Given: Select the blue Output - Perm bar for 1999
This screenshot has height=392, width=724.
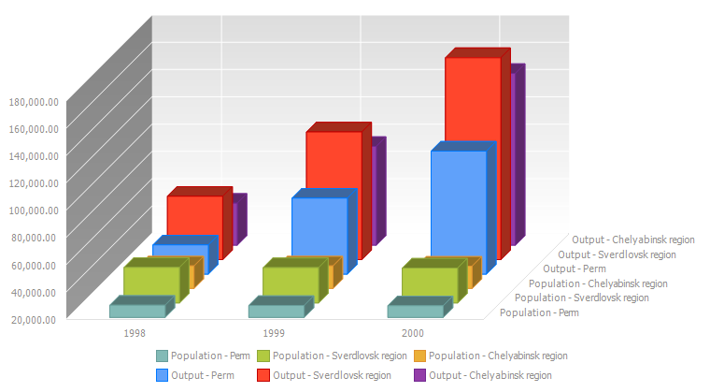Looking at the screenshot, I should pyautogui.click(x=319, y=234).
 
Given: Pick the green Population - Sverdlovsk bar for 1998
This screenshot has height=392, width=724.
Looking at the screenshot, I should pyautogui.click(x=150, y=283).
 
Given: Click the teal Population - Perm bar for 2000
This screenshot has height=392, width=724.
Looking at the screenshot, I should pyautogui.click(x=415, y=312).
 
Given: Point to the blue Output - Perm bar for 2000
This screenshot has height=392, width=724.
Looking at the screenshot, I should pyautogui.click(x=458, y=211).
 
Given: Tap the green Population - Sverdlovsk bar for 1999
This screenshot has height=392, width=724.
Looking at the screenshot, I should pyautogui.click(x=290, y=283).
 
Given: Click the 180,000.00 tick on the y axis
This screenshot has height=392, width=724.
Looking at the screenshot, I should pyautogui.click(x=34, y=100).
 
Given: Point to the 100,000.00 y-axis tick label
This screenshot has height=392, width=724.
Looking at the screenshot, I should pyautogui.click(x=34, y=210).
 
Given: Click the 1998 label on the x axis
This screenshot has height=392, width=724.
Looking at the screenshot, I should pyautogui.click(x=135, y=332).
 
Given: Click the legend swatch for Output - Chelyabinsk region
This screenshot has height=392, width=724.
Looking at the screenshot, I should pyautogui.click(x=419, y=375).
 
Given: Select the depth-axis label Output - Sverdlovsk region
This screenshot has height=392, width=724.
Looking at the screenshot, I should pyautogui.click(x=617, y=254).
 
